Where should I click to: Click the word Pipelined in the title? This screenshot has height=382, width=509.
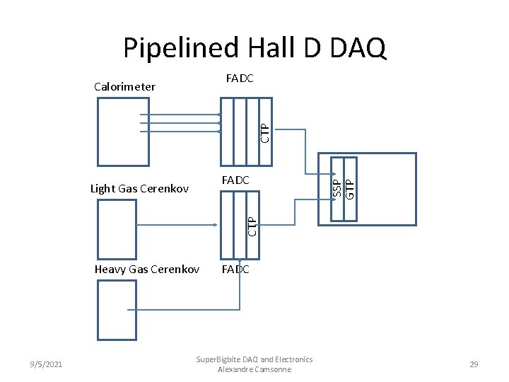181,48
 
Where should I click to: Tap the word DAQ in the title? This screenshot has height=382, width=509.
358,48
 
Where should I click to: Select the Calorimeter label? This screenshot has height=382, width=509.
124,87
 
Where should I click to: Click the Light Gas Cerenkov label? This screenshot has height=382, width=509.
139,189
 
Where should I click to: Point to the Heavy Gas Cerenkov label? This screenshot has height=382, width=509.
147,270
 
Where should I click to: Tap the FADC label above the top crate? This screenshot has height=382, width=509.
240,79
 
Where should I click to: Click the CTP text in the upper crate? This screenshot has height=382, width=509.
265,133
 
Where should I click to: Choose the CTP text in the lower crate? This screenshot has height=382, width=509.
252,226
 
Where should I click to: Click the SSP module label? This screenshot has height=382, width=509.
337,188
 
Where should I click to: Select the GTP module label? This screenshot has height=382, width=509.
350,190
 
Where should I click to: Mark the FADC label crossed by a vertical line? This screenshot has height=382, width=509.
235,270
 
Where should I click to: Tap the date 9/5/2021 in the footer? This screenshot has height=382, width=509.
46,364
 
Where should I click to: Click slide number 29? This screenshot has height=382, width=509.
474,364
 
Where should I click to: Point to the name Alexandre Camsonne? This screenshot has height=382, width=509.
255,369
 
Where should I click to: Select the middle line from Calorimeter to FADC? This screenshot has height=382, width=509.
180,123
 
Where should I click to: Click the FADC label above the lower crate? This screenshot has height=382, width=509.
235,180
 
